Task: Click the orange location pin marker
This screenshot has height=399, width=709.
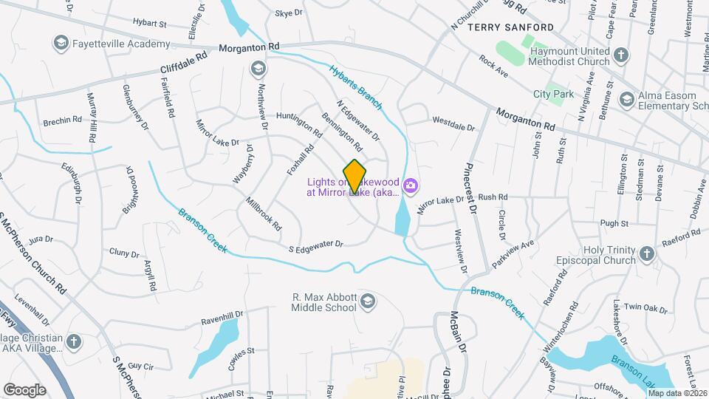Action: [355, 177]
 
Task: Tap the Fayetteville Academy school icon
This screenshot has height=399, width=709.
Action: [60, 44]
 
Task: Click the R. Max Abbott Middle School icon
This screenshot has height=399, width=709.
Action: [368, 301]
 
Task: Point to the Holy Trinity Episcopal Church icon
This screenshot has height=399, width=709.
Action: [647, 254]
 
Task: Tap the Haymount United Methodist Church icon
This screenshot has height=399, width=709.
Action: [621, 55]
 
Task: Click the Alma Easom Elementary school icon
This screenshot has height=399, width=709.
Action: [626, 99]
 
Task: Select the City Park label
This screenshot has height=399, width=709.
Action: [553, 95]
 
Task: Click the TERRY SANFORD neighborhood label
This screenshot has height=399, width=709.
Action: [510, 27]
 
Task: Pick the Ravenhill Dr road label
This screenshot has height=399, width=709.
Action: [223, 318]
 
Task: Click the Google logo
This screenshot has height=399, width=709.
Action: [24, 389]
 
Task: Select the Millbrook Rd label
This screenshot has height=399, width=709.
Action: [264, 211]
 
